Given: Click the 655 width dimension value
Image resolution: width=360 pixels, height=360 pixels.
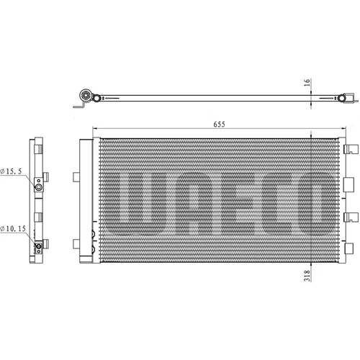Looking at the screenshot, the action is pyautogui.click(x=219, y=125).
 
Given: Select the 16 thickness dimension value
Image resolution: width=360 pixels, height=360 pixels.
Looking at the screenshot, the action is pyautogui.click(x=307, y=82).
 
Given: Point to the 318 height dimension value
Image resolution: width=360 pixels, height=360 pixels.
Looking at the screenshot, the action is pyautogui.click(x=307, y=276).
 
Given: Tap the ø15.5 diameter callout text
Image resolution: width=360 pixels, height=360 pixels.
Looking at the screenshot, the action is pyautogui.click(x=11, y=171).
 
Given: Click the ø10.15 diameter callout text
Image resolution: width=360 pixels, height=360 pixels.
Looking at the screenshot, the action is pyautogui.click(x=13, y=228).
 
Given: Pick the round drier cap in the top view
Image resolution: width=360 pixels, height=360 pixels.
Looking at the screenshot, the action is pyautogui.click(x=86, y=95).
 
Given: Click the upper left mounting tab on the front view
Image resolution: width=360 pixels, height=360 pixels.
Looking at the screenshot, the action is pyautogui.click(x=76, y=177).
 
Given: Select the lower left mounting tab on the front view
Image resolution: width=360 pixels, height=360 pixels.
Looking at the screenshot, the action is pyautogui.click(x=76, y=244).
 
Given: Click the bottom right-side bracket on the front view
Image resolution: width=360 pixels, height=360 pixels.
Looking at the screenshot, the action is pyautogui.click(x=348, y=248).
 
